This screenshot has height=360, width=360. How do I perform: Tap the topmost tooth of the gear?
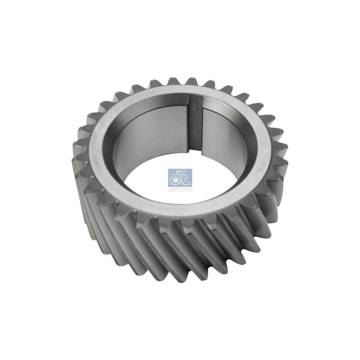pos(191,81)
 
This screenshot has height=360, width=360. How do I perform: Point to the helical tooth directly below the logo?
pos(180,240)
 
